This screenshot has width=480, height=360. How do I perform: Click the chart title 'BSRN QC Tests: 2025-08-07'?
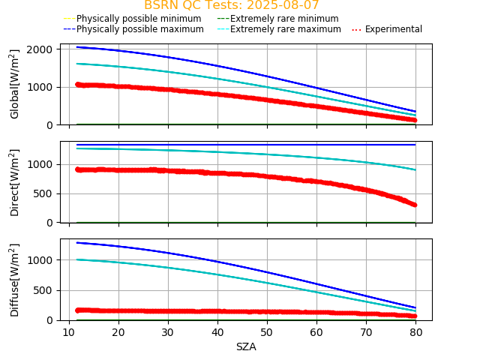tap(231, 5)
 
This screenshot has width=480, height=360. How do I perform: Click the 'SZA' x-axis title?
tap(246, 346)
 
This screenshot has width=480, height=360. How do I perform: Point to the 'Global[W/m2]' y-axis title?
tap(15, 84)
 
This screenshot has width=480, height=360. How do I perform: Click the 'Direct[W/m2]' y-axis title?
tap(15, 182)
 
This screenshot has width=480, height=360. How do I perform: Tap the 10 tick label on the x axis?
tap(69, 332)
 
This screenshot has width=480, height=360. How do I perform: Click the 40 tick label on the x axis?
tap(217, 332)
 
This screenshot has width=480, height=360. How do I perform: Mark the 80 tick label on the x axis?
tap(416, 332)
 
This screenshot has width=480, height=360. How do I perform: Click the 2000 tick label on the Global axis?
tap(40, 49)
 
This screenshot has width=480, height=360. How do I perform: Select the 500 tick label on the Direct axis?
tap(45, 193)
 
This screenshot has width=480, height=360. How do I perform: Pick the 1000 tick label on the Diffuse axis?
tap(40, 260)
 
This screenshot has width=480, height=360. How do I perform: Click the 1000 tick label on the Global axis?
tap(40, 87)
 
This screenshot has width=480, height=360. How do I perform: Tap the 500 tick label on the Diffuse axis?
tap(45, 290)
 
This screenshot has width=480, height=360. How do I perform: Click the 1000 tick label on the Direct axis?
tap(40, 164)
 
